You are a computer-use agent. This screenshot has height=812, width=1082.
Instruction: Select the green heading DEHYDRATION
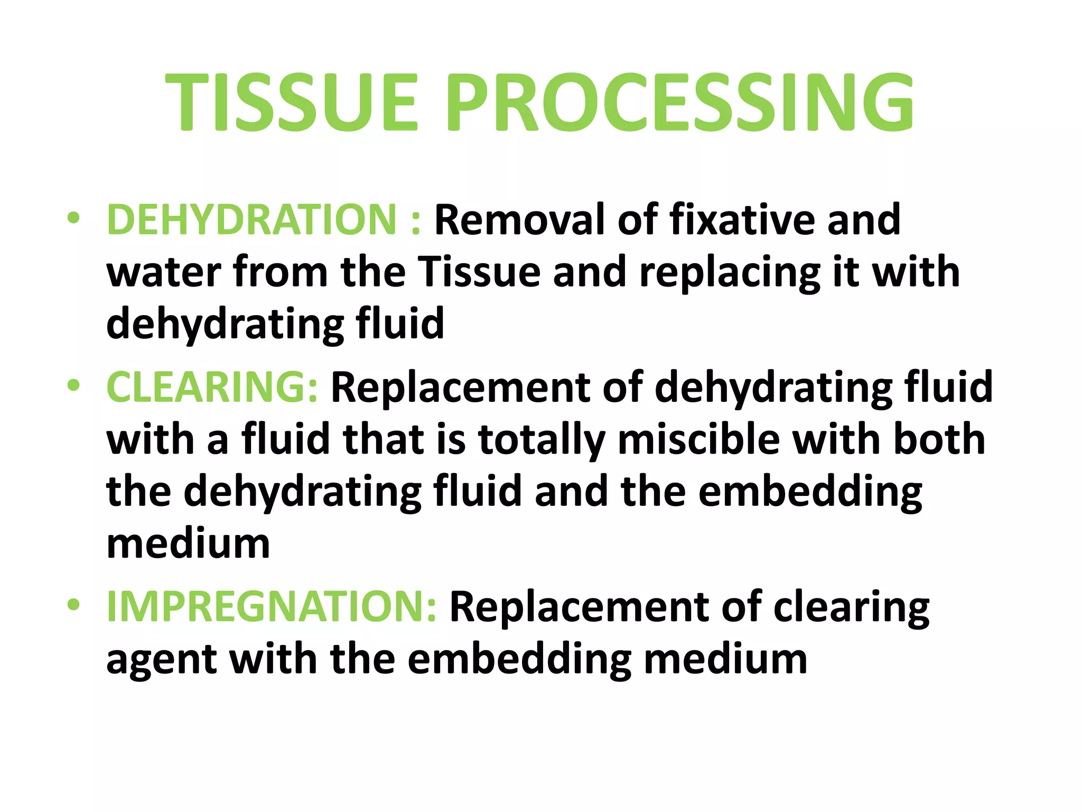[251, 219]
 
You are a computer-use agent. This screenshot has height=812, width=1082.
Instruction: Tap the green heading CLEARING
[211, 387]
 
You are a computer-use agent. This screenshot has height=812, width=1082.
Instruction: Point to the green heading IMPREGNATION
[271, 606]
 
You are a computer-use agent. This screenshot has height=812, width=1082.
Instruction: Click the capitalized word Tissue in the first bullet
[480, 272]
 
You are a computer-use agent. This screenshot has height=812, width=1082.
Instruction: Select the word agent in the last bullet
[161, 661]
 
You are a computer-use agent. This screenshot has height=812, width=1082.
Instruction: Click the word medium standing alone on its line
[189, 544]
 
